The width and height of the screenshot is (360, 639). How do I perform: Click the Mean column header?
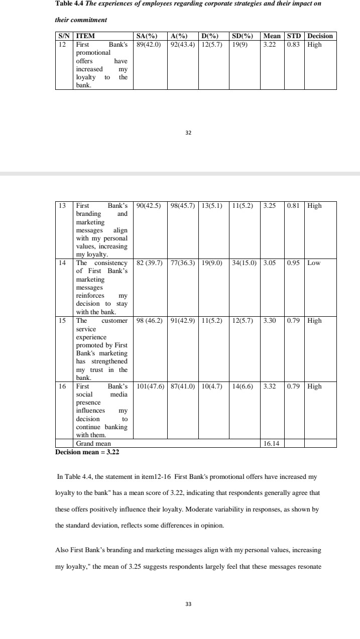point(272,36)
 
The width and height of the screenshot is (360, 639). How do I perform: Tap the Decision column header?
point(320,36)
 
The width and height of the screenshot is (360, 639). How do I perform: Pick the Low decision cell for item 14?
point(314,263)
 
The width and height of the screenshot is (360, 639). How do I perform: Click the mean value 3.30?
point(270,320)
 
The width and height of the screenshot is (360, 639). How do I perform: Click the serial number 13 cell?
point(62,205)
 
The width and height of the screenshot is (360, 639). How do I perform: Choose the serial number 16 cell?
point(62,387)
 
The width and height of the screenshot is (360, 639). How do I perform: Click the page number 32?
point(189,133)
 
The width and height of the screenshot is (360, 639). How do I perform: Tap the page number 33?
point(189,604)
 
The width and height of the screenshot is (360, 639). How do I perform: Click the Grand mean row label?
point(93,444)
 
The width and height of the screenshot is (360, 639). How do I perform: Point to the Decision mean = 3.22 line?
point(87,452)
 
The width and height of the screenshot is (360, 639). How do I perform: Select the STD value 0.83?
point(294,44)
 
